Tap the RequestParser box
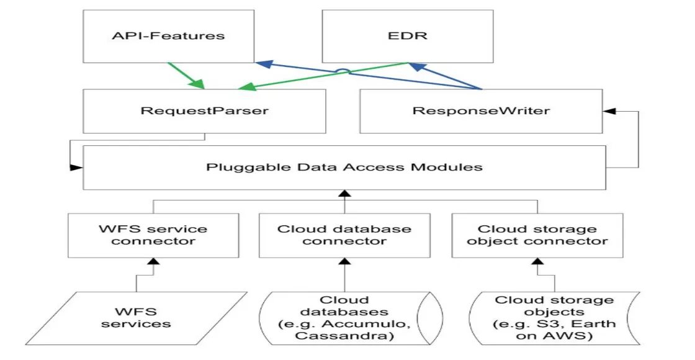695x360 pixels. point(204,111)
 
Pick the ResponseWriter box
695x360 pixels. point(481,111)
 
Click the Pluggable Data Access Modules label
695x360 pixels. point(344,167)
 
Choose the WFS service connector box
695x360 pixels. point(153,235)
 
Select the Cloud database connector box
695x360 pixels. point(344,235)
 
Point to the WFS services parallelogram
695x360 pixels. point(136,317)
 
